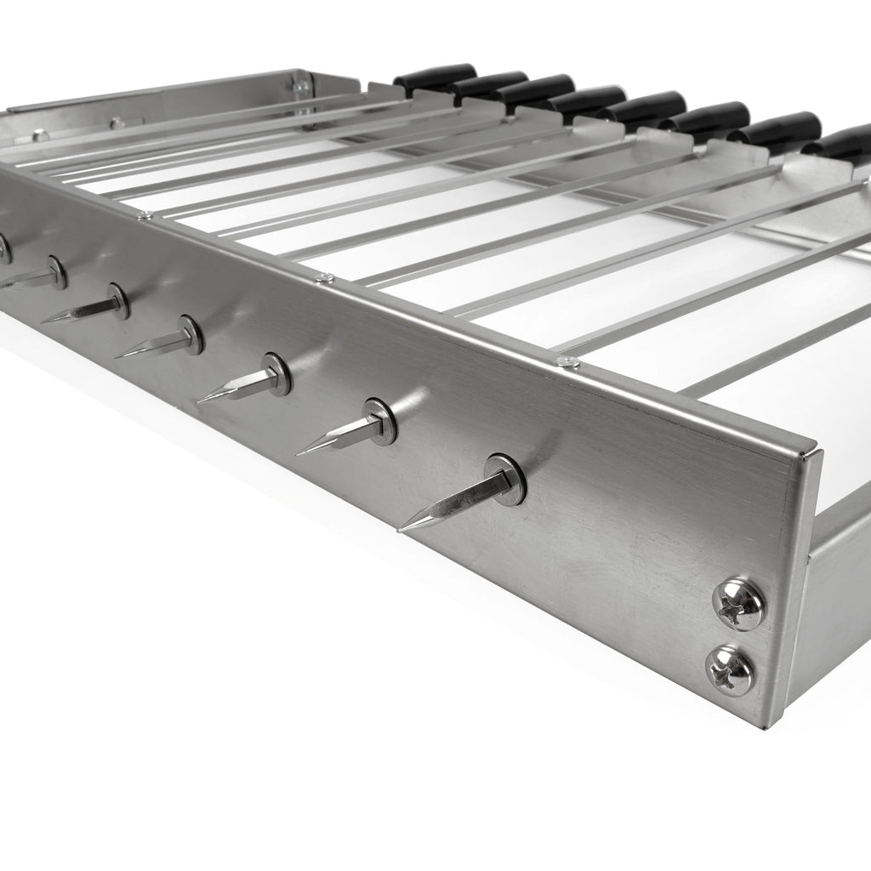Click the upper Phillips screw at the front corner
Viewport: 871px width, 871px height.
pyautogui.click(x=738, y=604)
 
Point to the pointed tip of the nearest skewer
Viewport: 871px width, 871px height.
pyautogui.click(x=401, y=527)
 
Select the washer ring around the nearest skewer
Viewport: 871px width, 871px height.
pyautogui.click(x=504, y=480)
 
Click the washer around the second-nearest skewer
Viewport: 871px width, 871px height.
pyautogui.click(x=381, y=421)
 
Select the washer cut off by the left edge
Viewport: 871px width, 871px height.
pyautogui.click(x=3, y=248)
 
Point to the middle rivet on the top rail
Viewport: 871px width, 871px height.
pyautogui.click(x=323, y=277)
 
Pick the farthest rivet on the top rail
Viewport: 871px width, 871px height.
pyautogui.click(x=145, y=216)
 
